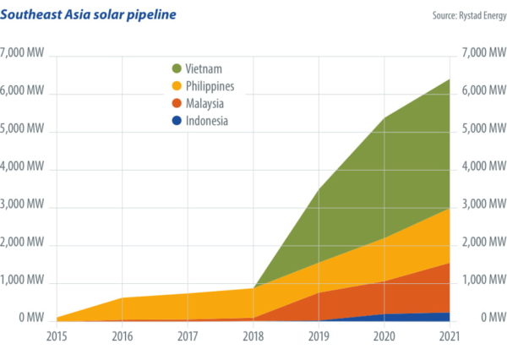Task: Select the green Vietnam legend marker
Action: [x=176, y=68]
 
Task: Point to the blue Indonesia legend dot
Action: [x=176, y=121]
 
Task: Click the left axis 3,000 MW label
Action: [x=24, y=205]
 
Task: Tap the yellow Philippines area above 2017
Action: [x=188, y=307]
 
